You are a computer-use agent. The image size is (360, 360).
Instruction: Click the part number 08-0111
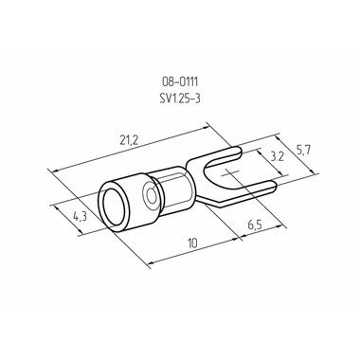point(180,82)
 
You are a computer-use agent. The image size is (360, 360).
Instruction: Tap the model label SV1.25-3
point(180,99)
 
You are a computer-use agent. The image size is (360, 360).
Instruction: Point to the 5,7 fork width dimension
point(303,151)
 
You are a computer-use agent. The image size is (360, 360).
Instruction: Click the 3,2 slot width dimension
point(278,157)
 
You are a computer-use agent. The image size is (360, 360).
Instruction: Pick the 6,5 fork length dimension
point(255,225)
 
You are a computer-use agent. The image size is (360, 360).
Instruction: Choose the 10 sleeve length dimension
point(192,243)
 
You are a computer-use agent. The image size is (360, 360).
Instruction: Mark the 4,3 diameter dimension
point(81,217)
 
